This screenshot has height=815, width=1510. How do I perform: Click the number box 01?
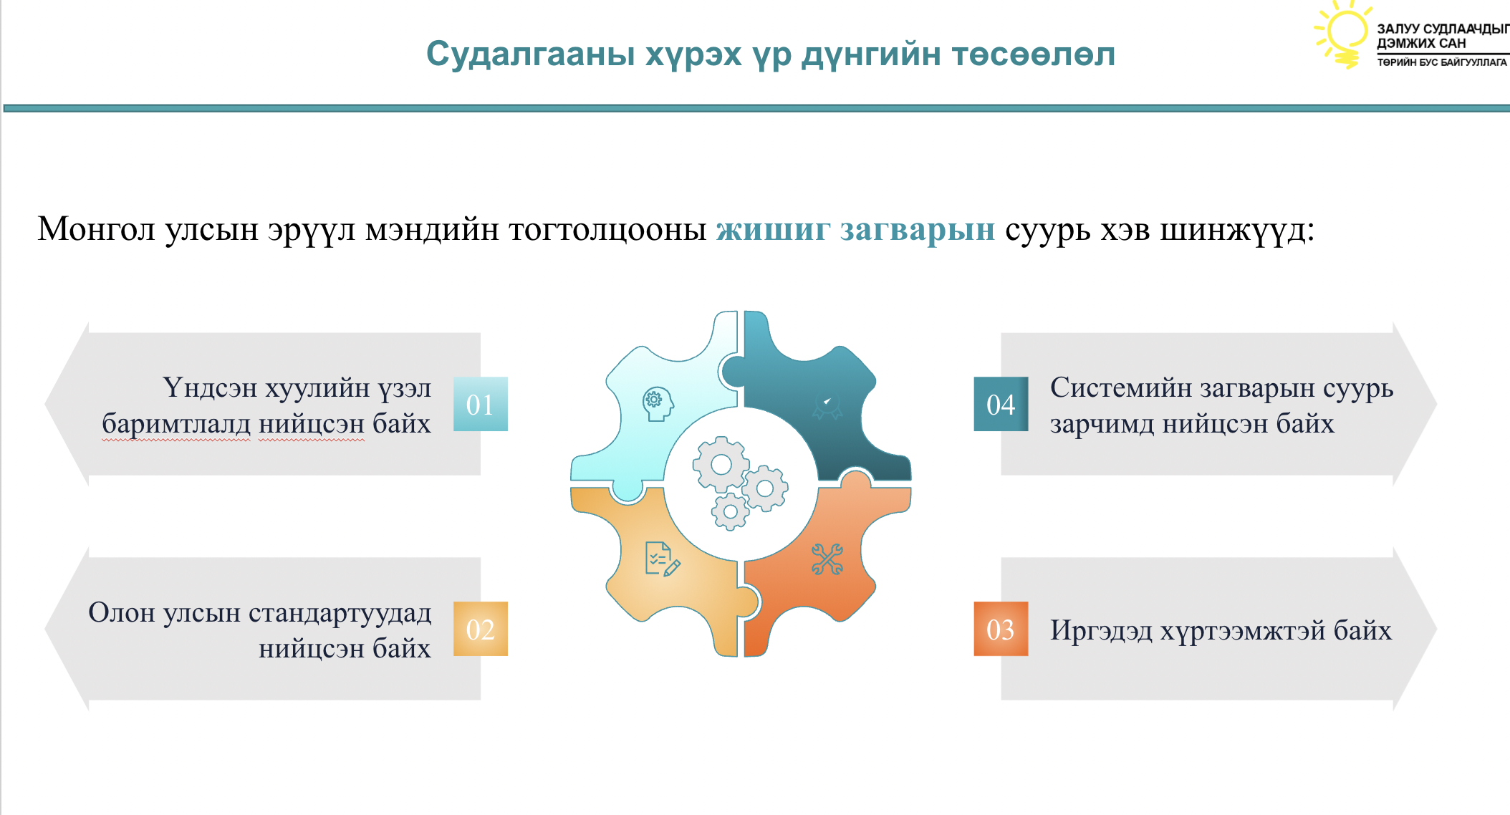(x=481, y=404)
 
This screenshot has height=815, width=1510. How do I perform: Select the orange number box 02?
(x=481, y=629)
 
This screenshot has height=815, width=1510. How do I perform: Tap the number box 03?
(x=1001, y=629)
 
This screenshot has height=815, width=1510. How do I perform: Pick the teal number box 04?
(x=1001, y=404)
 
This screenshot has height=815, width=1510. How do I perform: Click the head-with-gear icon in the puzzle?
(x=658, y=404)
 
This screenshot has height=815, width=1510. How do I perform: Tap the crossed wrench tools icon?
(x=827, y=559)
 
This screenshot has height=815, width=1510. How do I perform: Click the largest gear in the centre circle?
(x=721, y=465)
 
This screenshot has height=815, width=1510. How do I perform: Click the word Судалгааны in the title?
(x=531, y=54)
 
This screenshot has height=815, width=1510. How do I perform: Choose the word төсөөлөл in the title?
(x=1033, y=54)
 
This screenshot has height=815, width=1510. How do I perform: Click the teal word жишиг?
(x=773, y=230)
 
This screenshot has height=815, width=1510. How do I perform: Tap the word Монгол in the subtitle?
(x=97, y=230)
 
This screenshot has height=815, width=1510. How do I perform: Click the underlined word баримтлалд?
(x=176, y=425)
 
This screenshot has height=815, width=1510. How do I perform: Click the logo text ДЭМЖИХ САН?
(x=1421, y=44)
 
